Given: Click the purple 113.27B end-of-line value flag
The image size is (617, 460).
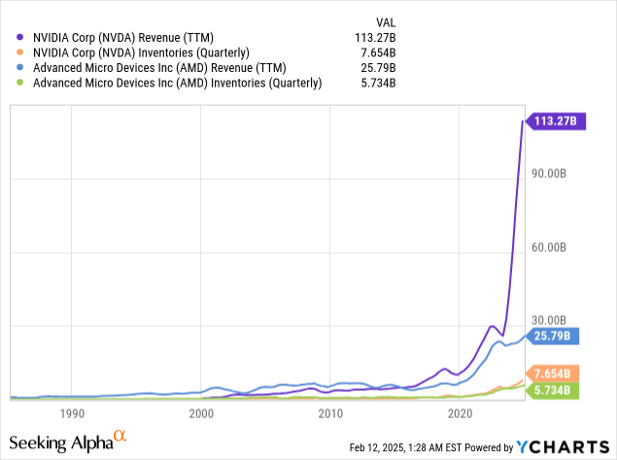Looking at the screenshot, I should [x=555, y=122].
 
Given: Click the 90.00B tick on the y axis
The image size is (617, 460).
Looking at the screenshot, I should [x=550, y=174].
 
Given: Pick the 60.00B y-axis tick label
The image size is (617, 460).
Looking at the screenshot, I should [x=550, y=248].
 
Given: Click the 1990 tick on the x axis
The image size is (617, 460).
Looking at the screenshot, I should [x=71, y=413].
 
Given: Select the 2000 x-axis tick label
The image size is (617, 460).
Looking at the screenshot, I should [x=201, y=413].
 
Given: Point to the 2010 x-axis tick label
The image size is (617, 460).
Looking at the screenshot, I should [x=330, y=413].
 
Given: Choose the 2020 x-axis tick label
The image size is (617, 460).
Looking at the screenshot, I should [x=460, y=413].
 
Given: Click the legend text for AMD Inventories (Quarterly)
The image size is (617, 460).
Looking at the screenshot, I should [x=177, y=84].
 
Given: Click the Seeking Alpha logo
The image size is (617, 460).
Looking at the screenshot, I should [x=68, y=442].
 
